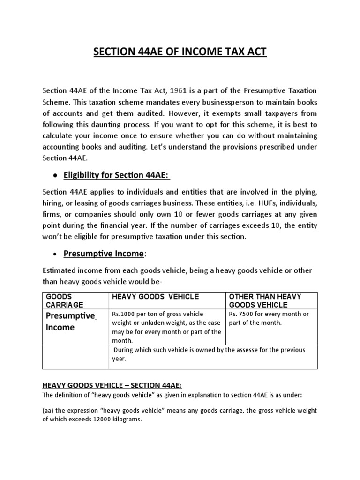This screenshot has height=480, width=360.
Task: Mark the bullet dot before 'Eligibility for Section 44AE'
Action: (56, 176)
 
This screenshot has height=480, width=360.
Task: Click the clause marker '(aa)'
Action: (48, 410)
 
